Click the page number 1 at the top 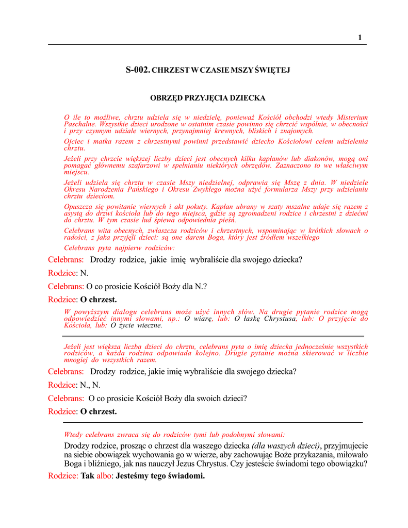point(360,37)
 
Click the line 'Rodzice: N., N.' point(74,385)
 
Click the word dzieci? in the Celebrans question point(234,398)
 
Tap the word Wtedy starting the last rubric point(73,435)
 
